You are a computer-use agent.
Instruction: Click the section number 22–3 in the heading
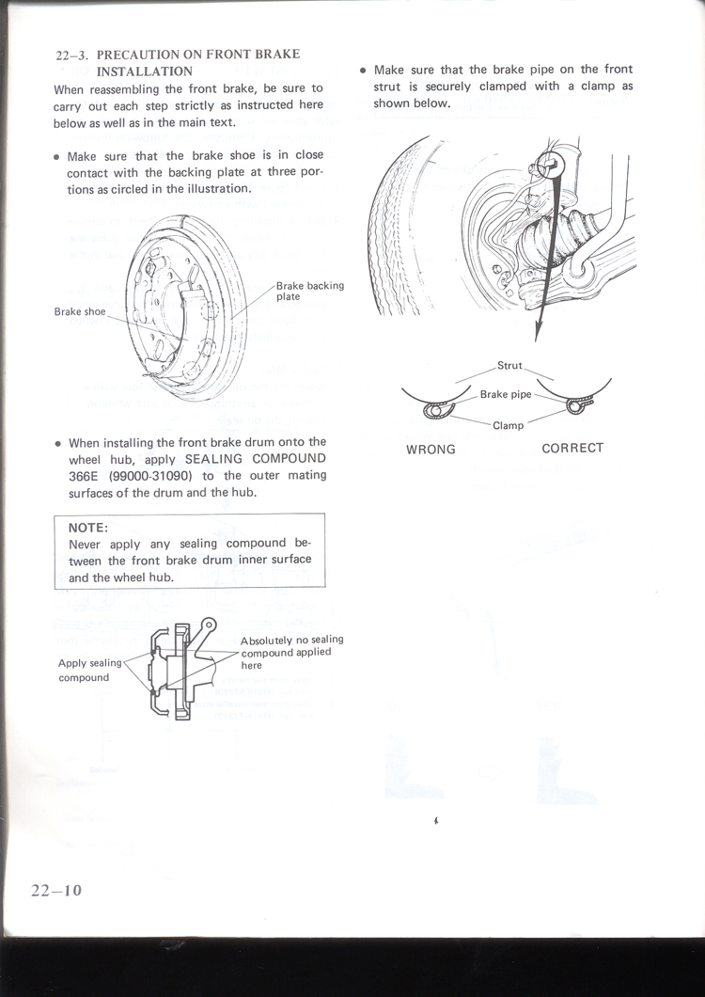pos(71,55)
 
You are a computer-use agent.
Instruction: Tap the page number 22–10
pos(55,890)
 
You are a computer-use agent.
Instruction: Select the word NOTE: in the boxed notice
pos(88,529)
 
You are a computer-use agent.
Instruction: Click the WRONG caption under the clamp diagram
pos(431,450)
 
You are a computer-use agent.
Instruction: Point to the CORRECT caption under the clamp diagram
pos(572,448)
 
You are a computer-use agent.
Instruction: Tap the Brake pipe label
pos(506,395)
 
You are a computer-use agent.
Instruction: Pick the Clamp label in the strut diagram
pos(509,425)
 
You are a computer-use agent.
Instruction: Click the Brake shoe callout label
pos(80,310)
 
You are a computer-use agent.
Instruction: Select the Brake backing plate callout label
pos(309,291)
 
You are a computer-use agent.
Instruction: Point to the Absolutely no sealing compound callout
pos(291,652)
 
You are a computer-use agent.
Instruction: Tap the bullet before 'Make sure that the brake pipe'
pos(363,71)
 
